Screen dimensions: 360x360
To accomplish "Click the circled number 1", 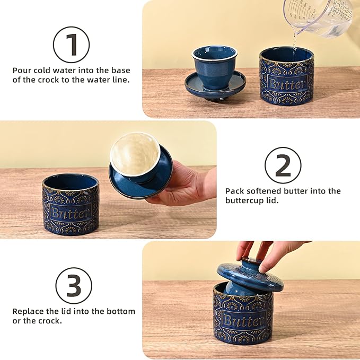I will point(71,45).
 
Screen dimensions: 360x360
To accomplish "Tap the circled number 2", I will point(283,165).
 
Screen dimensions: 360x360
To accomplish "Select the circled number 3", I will point(74,285).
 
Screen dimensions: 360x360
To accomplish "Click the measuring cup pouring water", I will point(318,16).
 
